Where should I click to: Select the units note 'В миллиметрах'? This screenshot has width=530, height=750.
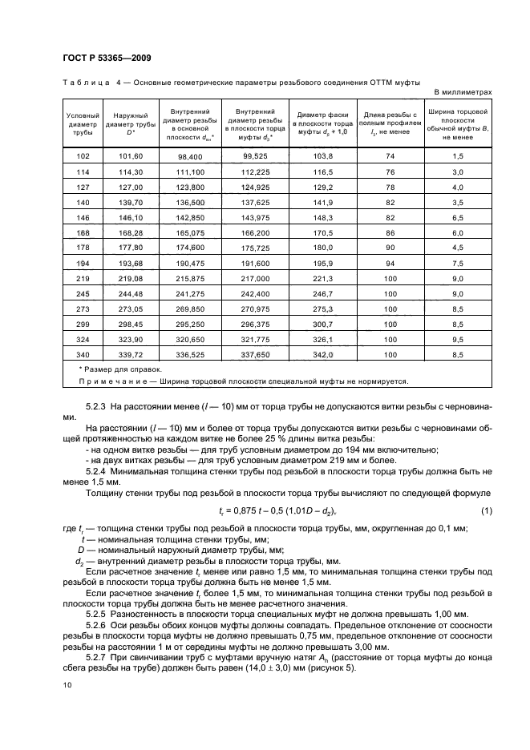coord(463,93)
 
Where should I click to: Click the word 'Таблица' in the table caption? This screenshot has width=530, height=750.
coord(86,83)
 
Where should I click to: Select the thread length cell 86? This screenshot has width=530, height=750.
coord(390,232)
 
